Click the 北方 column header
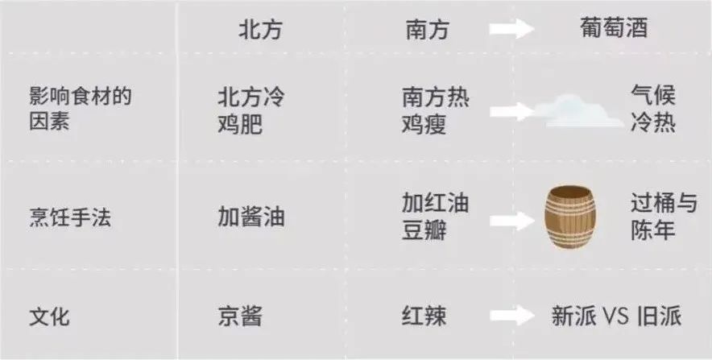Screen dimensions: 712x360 (x=261, y=29)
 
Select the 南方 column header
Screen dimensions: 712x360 (x=426, y=29)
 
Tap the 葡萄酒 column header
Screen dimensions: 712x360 (x=615, y=29)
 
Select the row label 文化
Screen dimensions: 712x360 (x=49, y=316)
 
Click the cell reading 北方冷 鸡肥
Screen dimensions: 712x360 (x=250, y=110)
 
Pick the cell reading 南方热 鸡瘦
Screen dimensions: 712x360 (x=436, y=110)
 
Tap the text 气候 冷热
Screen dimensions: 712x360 (x=653, y=110)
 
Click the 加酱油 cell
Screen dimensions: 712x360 (x=250, y=217)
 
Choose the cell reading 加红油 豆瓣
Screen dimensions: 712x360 (x=436, y=217)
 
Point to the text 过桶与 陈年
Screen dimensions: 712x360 (x=664, y=217)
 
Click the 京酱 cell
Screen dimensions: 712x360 (x=239, y=316)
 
